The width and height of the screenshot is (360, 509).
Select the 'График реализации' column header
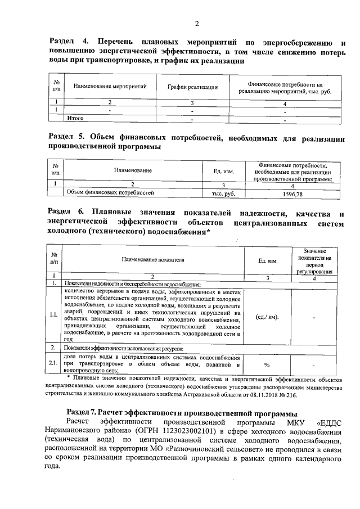click(x=192, y=87)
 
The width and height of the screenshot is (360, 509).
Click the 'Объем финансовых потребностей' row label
click(x=110, y=193)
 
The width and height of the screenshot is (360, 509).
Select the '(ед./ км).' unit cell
click(x=267, y=317)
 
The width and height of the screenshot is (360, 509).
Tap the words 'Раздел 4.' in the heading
click(x=66, y=42)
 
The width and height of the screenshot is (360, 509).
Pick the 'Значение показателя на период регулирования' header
click(x=318, y=260)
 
